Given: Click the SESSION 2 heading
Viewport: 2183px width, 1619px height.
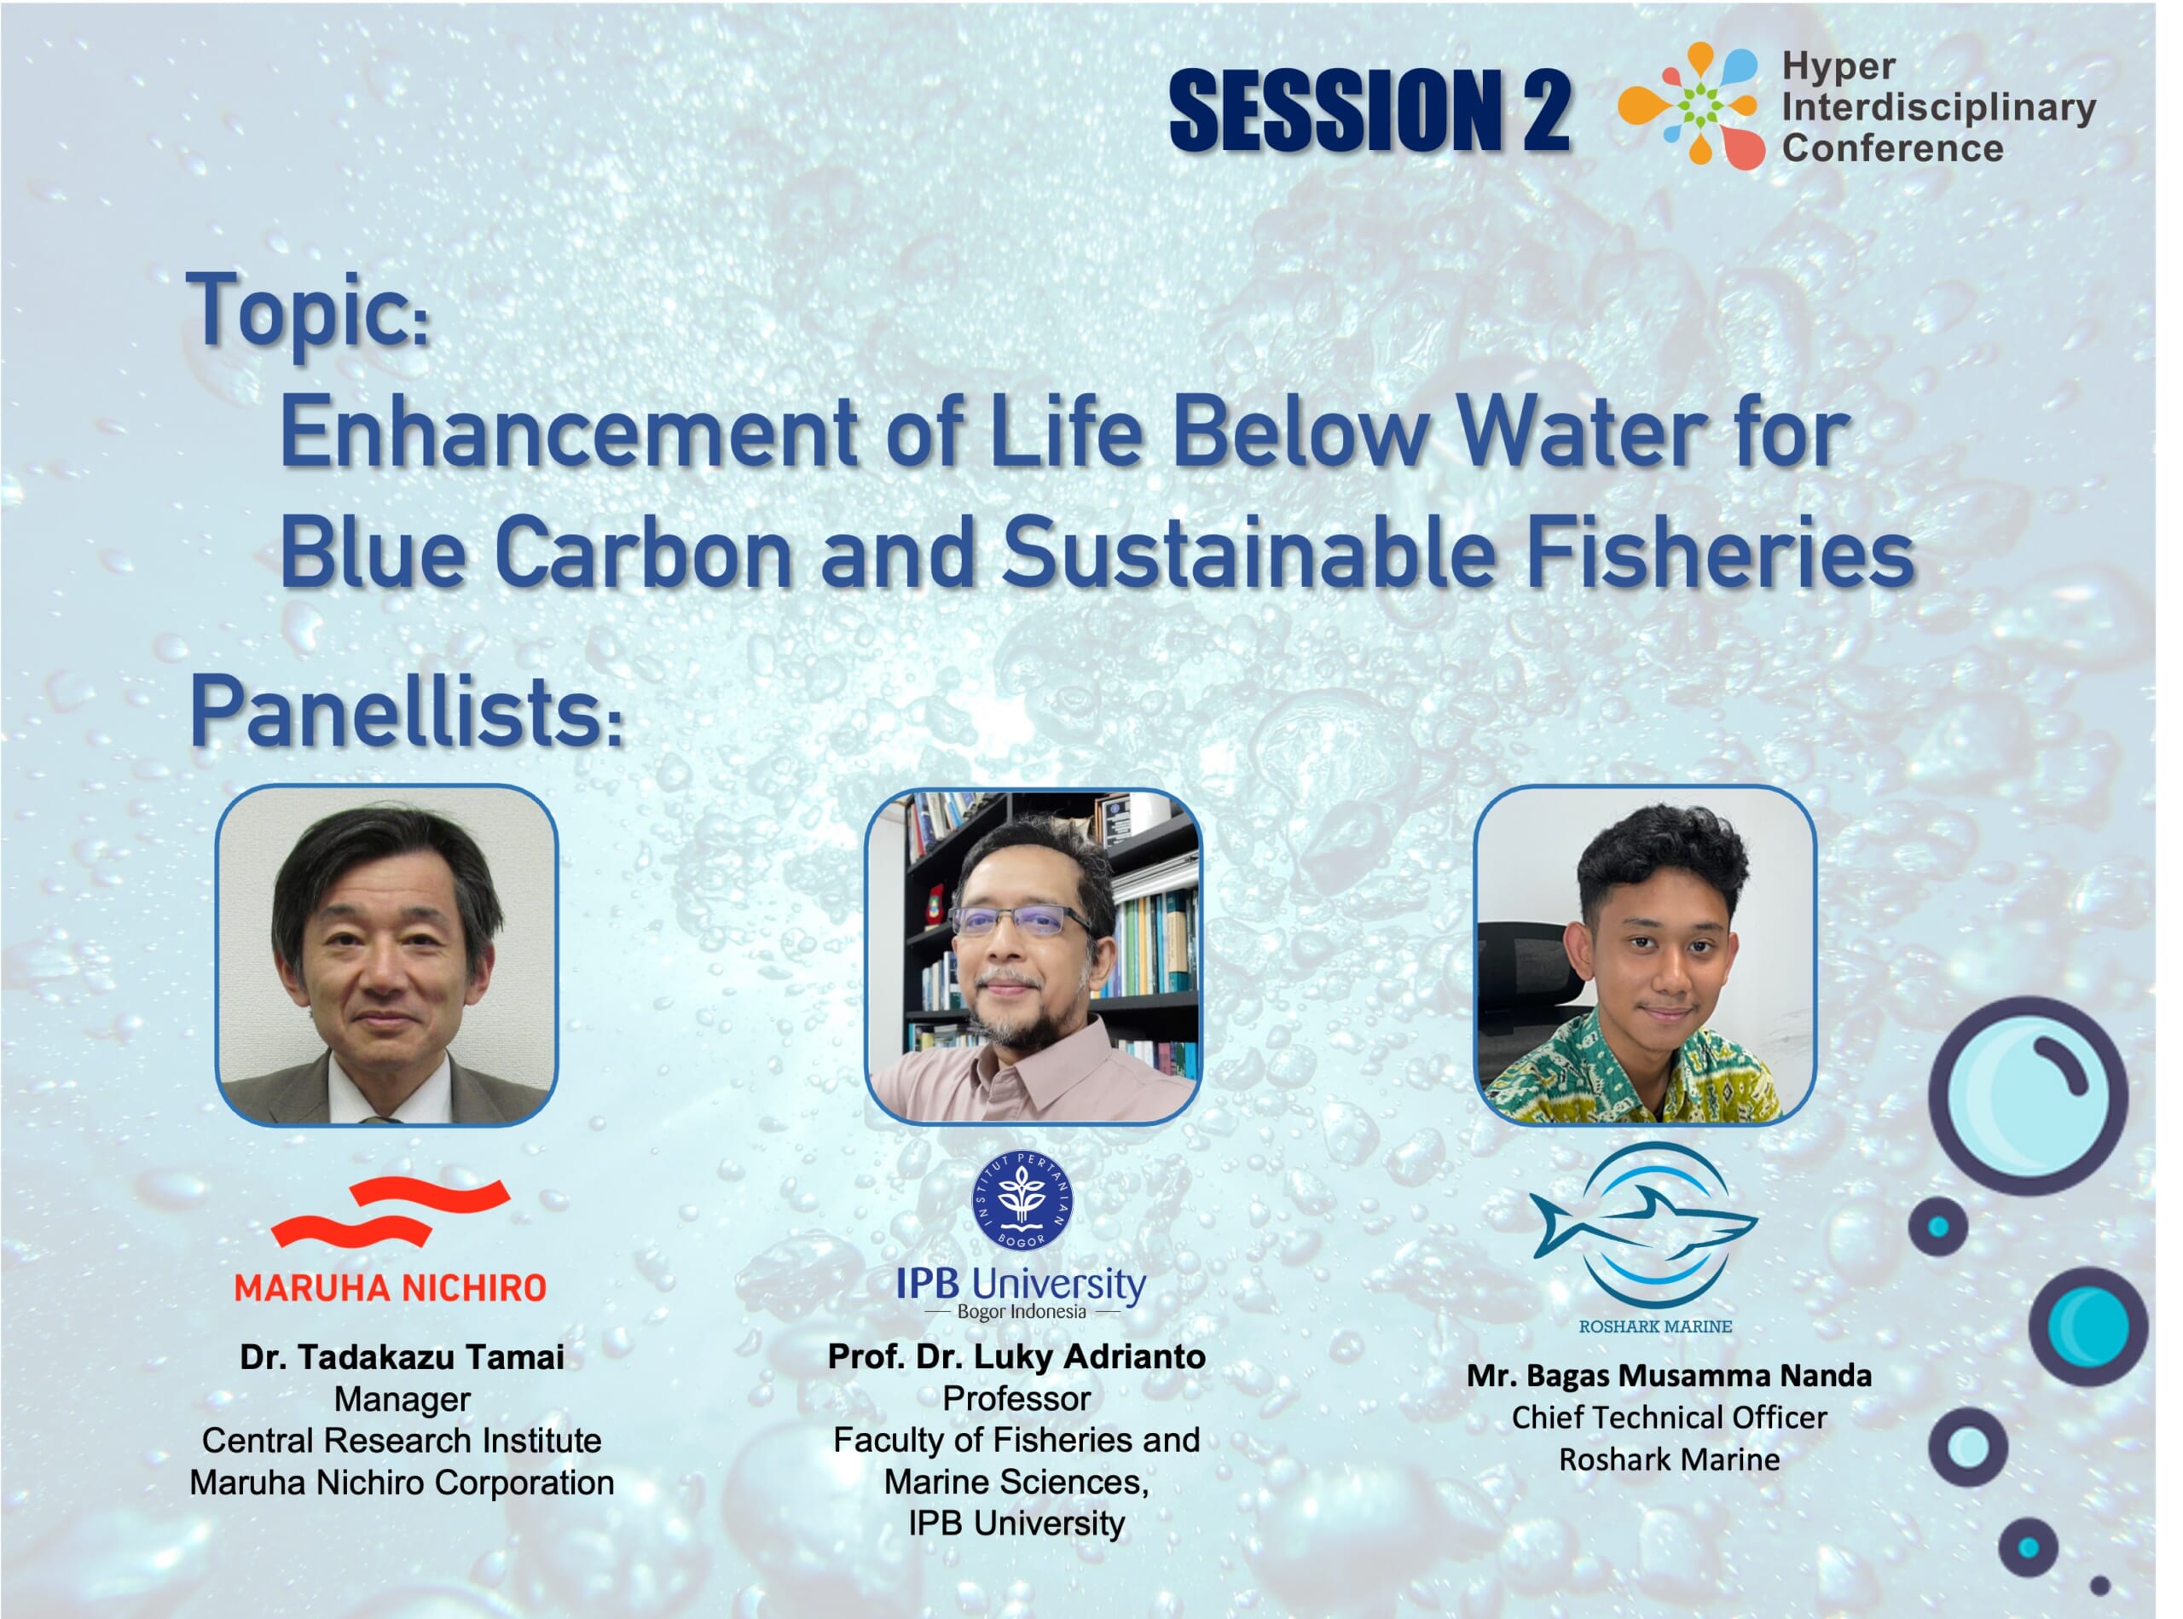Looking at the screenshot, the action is click(1369, 110).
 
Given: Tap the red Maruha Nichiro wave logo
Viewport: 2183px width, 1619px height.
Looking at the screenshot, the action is click(391, 1211).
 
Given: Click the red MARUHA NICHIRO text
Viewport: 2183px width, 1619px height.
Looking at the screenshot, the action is click(390, 1288).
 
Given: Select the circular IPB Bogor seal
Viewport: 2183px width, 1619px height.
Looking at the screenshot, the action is click(1022, 1200).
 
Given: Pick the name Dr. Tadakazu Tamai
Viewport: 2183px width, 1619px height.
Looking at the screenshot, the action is click(402, 1357).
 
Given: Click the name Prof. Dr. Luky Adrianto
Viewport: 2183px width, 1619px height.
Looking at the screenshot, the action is click(1017, 1356).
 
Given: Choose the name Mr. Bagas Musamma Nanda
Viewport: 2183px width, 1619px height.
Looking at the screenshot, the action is click(1669, 1376).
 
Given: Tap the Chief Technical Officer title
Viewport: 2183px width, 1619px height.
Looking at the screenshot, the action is click(1669, 1417).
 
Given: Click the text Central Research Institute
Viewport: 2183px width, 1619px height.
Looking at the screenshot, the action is click(402, 1441).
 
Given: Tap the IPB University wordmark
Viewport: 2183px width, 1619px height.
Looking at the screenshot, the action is click(1021, 1285).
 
